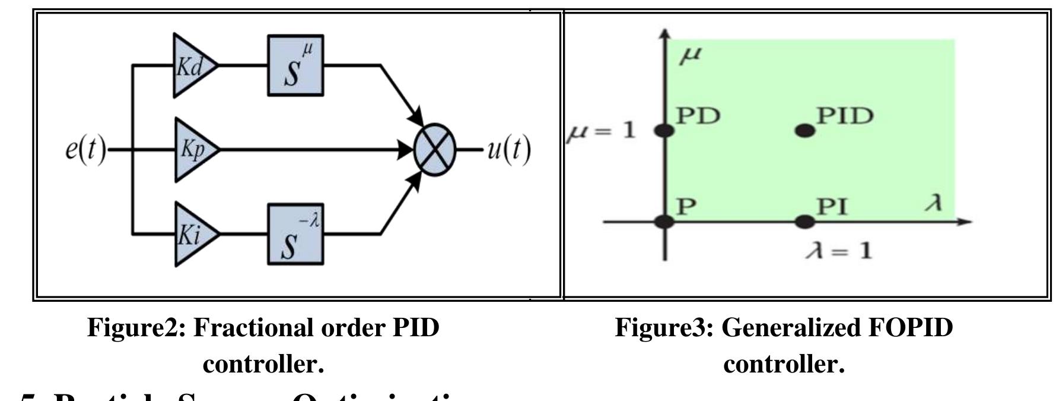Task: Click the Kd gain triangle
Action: click(191, 65)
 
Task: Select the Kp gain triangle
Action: click(193, 150)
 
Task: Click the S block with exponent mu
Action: click(295, 65)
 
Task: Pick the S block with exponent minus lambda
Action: click(295, 234)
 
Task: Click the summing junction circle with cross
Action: click(435, 150)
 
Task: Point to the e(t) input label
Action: click(85, 150)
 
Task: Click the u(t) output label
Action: click(508, 150)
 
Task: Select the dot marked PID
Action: click(804, 130)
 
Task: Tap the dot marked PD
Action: click(664, 130)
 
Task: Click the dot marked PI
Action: click(804, 222)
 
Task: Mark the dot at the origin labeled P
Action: click(664, 222)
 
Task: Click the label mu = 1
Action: click(600, 130)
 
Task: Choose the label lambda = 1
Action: click(839, 251)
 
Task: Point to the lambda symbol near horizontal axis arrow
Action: click(934, 204)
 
